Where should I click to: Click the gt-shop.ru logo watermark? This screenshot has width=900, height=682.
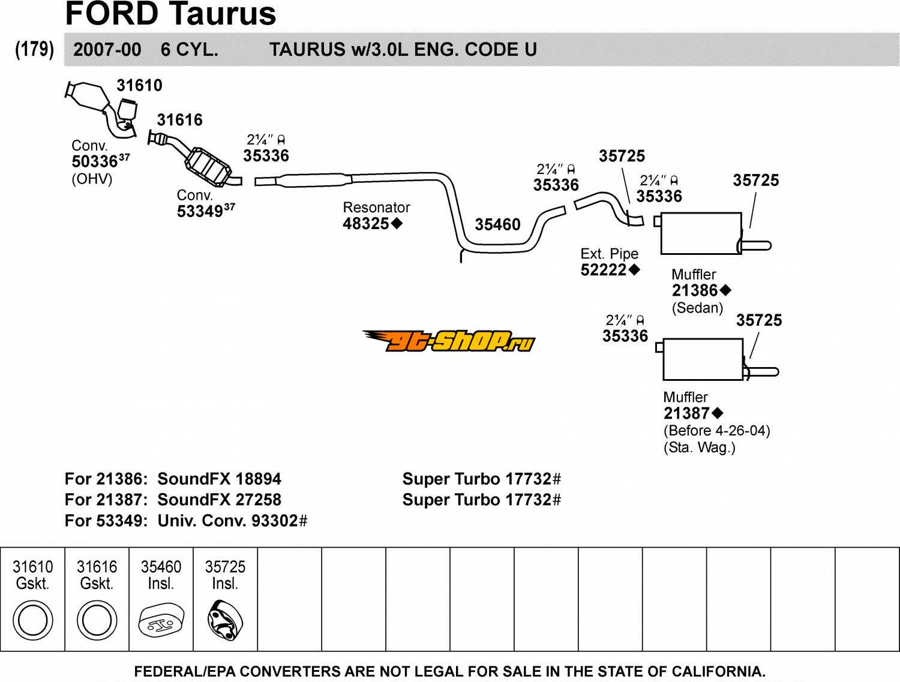[449, 341]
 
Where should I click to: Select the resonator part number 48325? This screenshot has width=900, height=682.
[366, 224]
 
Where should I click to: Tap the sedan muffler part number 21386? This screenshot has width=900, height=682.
[695, 290]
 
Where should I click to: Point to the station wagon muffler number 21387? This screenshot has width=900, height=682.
[687, 413]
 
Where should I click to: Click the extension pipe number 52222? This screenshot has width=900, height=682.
[604, 270]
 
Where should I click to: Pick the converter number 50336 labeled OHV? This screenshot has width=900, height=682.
[95, 161]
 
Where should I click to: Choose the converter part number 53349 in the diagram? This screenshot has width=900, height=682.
[200, 212]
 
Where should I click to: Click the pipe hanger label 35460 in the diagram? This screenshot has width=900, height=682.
[498, 224]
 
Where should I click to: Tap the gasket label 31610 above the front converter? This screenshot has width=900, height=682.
[139, 86]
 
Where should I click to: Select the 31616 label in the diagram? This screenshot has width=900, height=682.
[179, 120]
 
